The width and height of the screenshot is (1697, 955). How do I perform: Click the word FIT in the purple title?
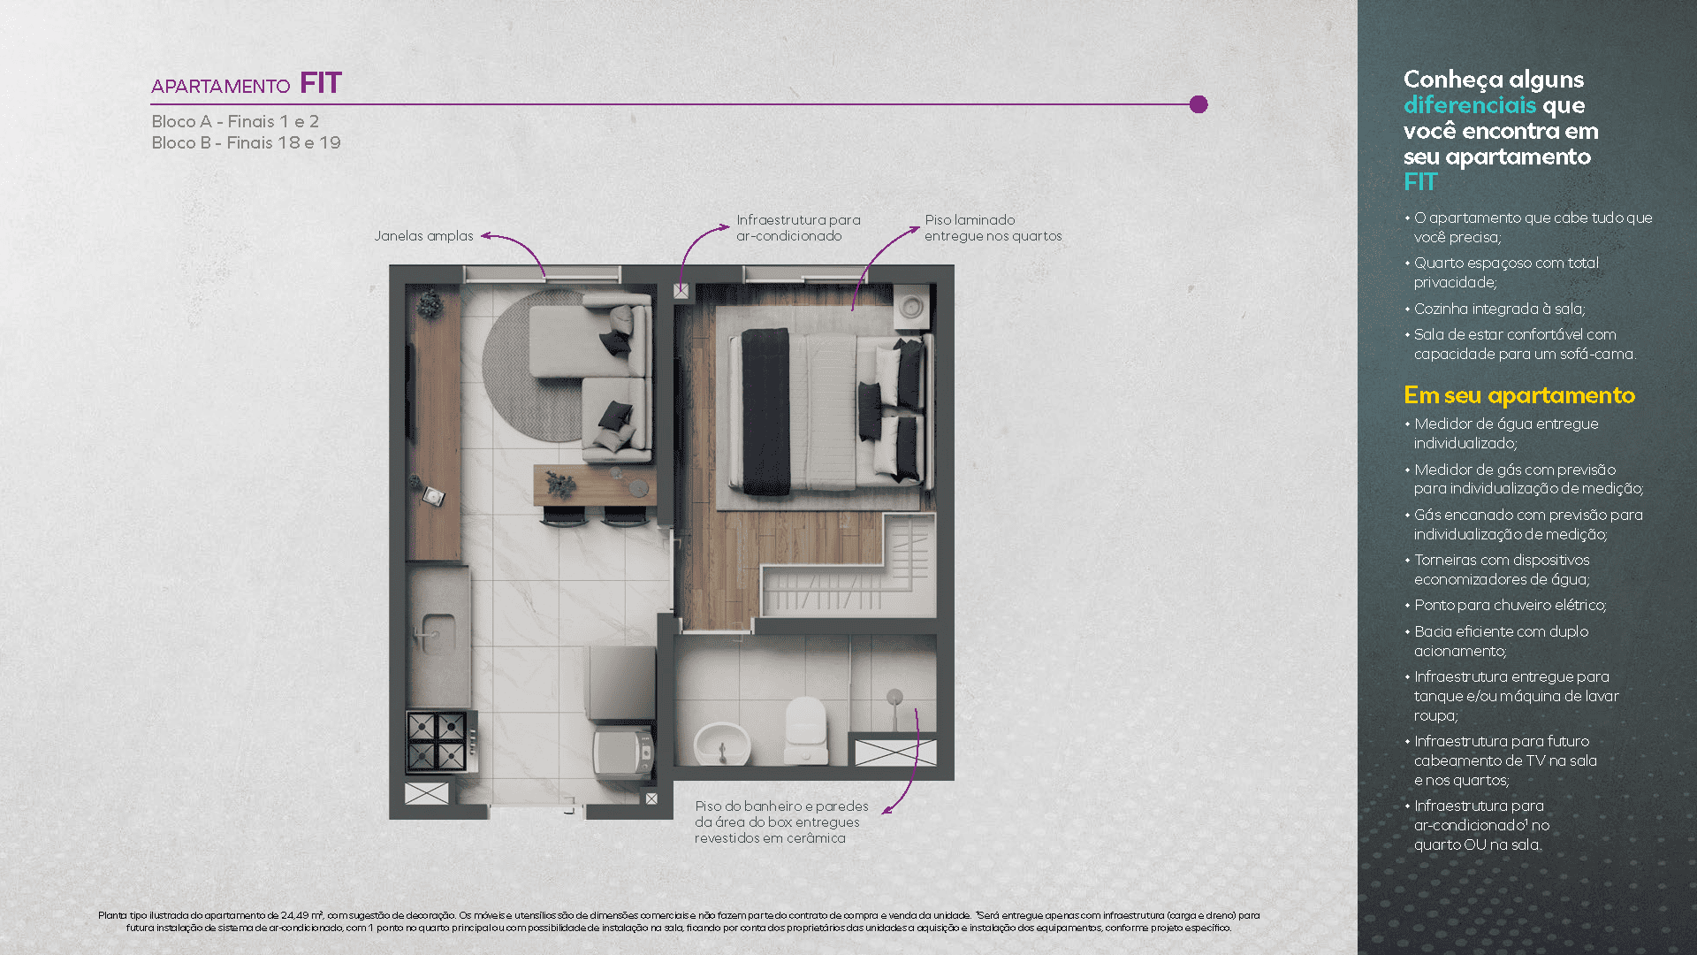tap(320, 83)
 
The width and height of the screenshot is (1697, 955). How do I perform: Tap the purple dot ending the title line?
tap(1199, 104)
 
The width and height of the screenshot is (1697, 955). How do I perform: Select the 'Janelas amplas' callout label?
tap(423, 236)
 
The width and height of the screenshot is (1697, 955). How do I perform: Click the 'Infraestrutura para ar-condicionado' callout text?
tap(797, 227)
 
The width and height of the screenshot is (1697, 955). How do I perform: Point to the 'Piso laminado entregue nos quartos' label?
tap(993, 227)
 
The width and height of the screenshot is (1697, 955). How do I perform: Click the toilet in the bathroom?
tap(805, 730)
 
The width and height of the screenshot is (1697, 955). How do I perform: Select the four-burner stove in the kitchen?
tap(437, 741)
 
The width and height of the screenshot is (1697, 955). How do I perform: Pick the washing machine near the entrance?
tap(622, 753)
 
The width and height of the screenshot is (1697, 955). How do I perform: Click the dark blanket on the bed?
tap(765, 410)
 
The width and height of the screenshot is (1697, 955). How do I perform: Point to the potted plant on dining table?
tap(560, 484)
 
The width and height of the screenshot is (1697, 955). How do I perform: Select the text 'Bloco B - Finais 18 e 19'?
tap(246, 143)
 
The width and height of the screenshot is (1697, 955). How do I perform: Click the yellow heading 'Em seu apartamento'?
tap(1518, 395)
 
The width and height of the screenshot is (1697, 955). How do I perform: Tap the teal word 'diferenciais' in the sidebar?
tap(1470, 105)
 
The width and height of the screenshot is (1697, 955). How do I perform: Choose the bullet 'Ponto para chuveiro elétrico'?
tap(1510, 606)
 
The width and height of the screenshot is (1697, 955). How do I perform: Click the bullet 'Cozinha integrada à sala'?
tap(1499, 309)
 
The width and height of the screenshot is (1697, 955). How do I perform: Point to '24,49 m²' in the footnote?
tap(302, 915)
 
